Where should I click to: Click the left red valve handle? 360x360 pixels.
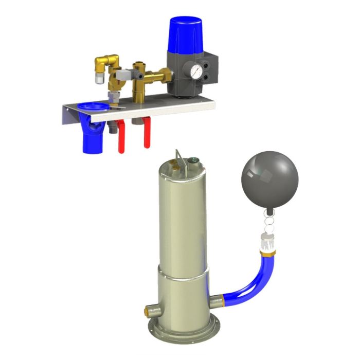point(122,139)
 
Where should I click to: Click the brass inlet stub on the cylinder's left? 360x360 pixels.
point(153,310)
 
